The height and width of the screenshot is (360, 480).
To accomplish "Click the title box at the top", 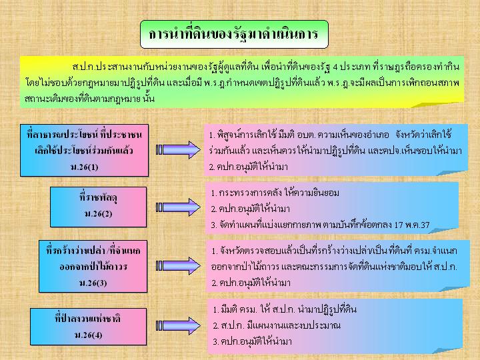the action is [x=234, y=34].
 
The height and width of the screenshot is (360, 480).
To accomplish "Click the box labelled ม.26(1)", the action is [x=85, y=150].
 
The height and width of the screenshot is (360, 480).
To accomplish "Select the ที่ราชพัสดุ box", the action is [x=98, y=207].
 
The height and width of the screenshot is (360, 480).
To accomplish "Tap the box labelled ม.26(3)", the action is [x=93, y=266].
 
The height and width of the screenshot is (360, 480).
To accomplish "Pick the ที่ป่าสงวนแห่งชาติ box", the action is [x=88, y=327].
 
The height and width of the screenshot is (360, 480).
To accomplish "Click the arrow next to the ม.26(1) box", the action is [x=178, y=150].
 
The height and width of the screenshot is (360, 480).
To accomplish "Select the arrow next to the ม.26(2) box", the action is [x=178, y=207].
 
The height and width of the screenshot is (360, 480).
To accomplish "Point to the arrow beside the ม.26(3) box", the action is [x=178, y=266].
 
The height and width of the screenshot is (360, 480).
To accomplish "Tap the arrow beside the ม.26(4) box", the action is [x=178, y=325].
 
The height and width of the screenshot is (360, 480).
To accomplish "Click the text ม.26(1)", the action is [x=85, y=167].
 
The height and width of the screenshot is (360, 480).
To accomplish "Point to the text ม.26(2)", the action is [x=98, y=214].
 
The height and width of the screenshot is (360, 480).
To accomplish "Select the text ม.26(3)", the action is [x=93, y=283].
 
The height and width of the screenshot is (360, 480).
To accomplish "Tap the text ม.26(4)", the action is [x=88, y=335].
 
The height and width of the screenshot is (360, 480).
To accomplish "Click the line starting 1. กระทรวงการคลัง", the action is [x=275, y=193].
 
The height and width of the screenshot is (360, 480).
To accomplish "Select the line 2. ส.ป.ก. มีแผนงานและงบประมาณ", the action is [x=277, y=325].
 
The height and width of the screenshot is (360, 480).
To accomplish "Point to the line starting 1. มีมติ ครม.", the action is [x=285, y=309].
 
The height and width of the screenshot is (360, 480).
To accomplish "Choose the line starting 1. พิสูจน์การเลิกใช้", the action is [x=331, y=135].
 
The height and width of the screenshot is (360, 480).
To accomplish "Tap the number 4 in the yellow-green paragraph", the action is [x=335, y=67].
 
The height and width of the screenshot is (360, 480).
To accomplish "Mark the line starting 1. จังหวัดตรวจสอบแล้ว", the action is [x=334, y=251].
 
